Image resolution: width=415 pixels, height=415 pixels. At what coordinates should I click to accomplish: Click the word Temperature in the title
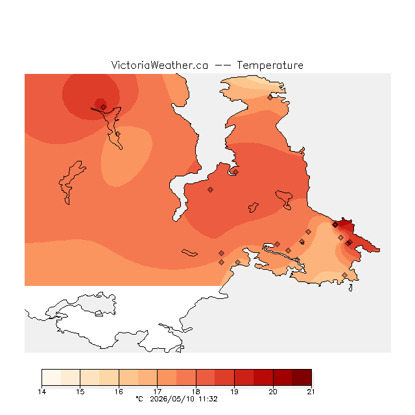(x=270, y=65)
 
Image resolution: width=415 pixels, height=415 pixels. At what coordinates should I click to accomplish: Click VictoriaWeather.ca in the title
(x=160, y=65)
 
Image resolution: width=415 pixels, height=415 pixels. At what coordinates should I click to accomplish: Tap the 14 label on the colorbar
(x=41, y=392)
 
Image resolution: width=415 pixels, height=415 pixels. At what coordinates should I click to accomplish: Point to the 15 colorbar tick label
(x=80, y=392)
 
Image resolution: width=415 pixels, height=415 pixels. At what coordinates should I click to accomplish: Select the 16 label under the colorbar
(x=119, y=392)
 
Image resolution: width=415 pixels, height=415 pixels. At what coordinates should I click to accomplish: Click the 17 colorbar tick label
(x=157, y=392)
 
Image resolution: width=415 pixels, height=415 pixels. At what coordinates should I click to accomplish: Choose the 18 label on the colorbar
(x=196, y=392)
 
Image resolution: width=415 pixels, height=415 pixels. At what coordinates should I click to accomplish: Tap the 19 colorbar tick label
(x=234, y=392)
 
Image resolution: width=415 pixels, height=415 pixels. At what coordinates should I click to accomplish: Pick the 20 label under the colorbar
(x=273, y=392)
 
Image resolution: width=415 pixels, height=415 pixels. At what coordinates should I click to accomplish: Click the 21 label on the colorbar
(x=311, y=392)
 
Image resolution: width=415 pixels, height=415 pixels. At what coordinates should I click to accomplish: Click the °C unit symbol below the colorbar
(x=139, y=399)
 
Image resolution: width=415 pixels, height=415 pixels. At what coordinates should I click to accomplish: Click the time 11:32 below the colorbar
(x=208, y=399)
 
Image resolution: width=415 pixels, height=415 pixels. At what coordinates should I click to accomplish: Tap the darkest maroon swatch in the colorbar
(x=302, y=377)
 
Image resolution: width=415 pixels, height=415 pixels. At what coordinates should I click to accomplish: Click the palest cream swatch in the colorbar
(x=51, y=377)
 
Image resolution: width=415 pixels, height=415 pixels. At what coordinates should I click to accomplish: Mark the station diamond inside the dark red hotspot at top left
(x=104, y=107)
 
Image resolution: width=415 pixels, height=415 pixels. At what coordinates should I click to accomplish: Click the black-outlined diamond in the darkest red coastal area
(x=335, y=225)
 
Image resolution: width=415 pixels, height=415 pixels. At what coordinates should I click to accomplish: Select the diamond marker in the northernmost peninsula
(x=270, y=98)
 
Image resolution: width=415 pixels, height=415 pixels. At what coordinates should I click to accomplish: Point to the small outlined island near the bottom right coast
(x=351, y=288)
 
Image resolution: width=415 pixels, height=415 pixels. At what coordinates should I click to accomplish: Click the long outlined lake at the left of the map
(x=71, y=182)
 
